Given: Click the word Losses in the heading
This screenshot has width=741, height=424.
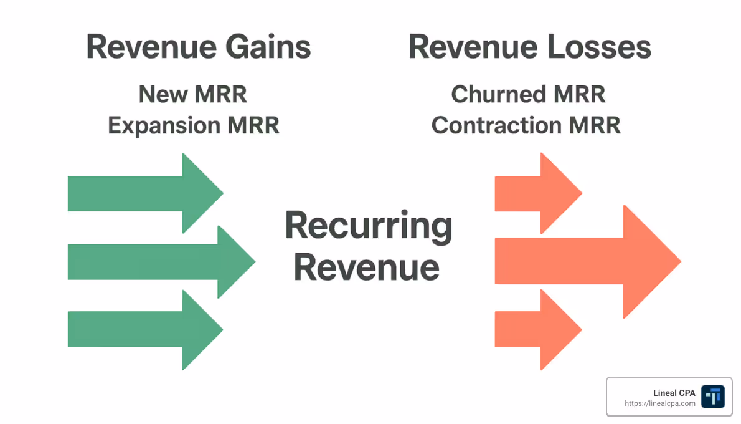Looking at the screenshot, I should coord(597,48).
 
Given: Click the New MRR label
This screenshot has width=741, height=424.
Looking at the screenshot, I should coord(193,95).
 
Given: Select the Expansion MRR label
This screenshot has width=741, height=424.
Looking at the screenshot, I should coord(193,125).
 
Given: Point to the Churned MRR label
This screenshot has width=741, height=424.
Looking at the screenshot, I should coord(528,95).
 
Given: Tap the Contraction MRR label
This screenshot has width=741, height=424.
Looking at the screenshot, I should coord(526,125).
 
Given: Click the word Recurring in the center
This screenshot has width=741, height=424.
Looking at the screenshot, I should coord(369,226).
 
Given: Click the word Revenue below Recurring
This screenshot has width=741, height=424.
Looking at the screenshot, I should coord(367,267).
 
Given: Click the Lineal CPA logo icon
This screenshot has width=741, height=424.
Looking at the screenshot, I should coord(712,396).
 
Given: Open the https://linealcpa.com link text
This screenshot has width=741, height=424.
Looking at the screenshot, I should coord(660,404).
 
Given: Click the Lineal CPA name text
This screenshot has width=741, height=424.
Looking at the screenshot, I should coord(674,393).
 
